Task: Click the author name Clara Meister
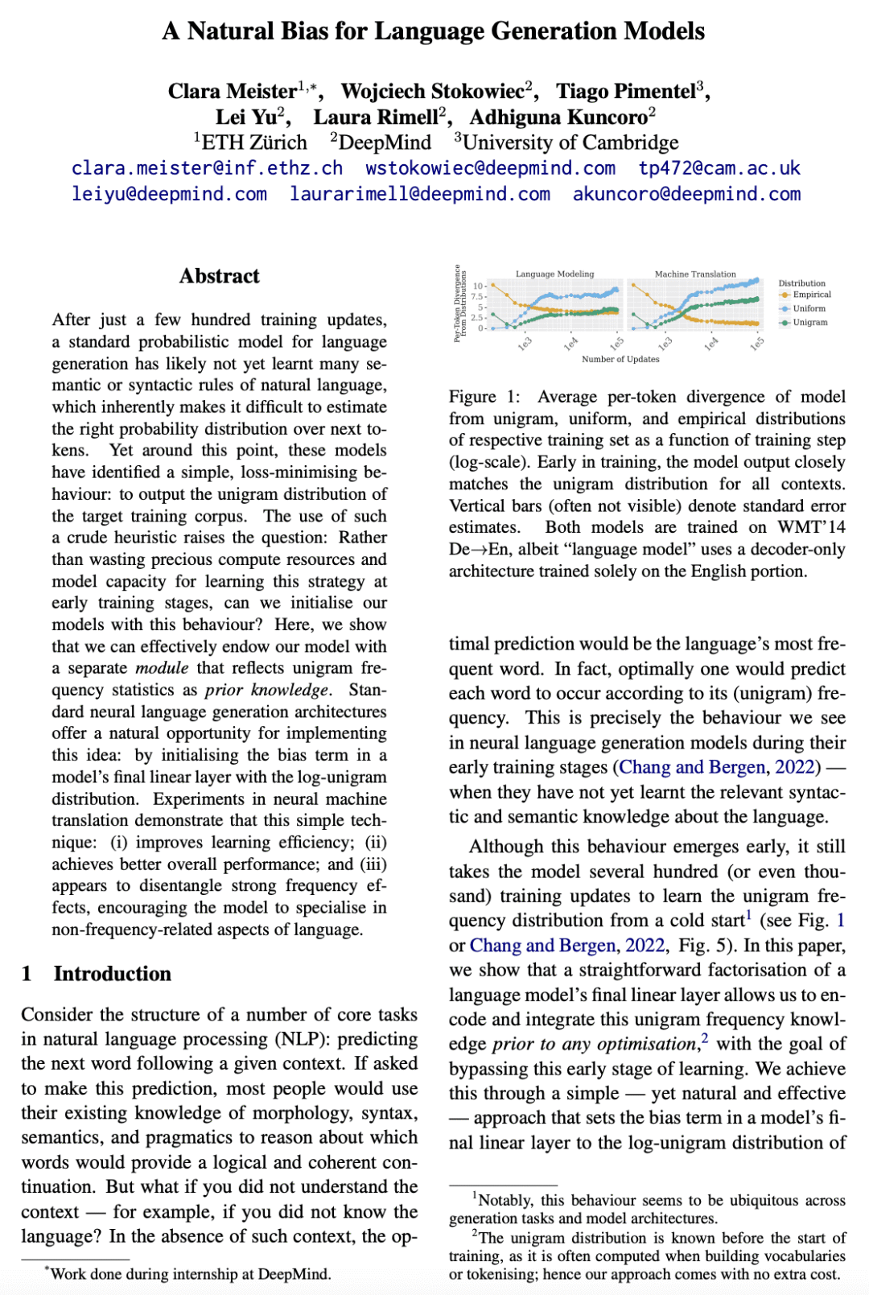(x=232, y=92)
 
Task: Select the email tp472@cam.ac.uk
(x=719, y=168)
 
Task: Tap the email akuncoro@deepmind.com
(x=686, y=194)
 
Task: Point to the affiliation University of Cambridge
(x=570, y=142)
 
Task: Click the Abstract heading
(x=219, y=276)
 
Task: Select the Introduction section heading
(x=112, y=974)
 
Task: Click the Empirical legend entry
(x=811, y=295)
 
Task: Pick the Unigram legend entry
(x=809, y=322)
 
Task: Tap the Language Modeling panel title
(x=554, y=274)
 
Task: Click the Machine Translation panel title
(x=695, y=274)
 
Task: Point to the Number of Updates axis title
(x=620, y=359)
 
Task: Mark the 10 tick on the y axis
(x=478, y=286)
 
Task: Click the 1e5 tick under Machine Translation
(x=757, y=344)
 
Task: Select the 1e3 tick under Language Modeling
(x=525, y=344)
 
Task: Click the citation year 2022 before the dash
(x=795, y=767)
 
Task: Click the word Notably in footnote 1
(x=505, y=1200)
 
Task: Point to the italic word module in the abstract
(x=162, y=668)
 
